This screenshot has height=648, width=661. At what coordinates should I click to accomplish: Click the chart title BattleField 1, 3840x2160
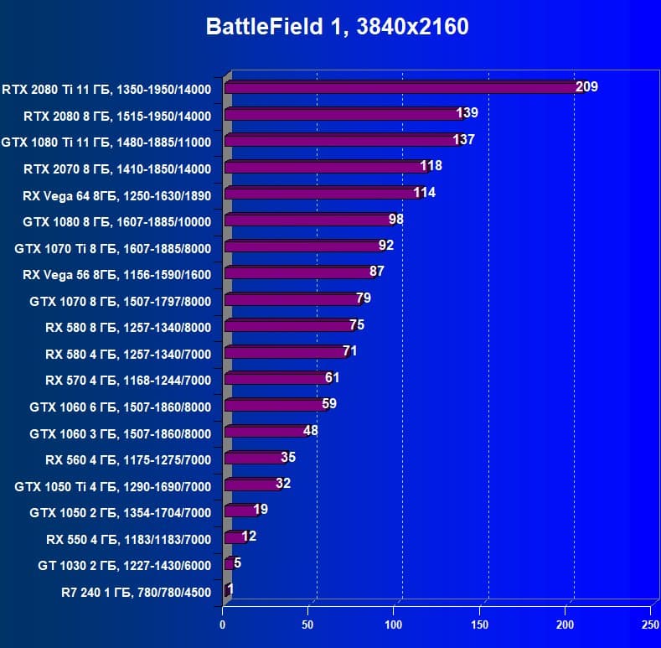tap(337, 27)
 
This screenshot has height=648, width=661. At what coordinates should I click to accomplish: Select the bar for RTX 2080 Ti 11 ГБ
tap(400, 87)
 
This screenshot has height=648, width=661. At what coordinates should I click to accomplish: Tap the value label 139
tap(467, 113)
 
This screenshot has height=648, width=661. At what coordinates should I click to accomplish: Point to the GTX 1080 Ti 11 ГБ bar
tap(342, 141)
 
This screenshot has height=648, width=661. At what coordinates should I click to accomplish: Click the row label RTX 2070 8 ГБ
tap(117, 168)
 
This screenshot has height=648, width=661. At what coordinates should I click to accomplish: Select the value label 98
tap(396, 220)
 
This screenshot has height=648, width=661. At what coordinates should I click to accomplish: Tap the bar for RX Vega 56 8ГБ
tap(298, 273)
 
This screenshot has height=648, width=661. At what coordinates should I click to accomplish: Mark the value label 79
tap(363, 298)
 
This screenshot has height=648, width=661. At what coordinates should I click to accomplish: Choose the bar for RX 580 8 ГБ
tap(288, 326)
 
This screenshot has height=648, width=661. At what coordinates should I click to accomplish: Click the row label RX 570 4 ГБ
tap(128, 381)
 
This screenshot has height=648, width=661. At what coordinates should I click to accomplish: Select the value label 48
tap(310, 431)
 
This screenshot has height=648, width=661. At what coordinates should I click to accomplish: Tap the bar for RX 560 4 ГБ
tap(254, 459)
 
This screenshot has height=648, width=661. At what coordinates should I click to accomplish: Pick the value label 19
tap(261, 510)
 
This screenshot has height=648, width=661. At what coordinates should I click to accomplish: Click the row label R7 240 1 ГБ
tap(136, 593)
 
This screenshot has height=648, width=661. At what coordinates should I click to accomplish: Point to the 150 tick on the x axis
tap(480, 625)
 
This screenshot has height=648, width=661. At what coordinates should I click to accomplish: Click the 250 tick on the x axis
tap(650, 625)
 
